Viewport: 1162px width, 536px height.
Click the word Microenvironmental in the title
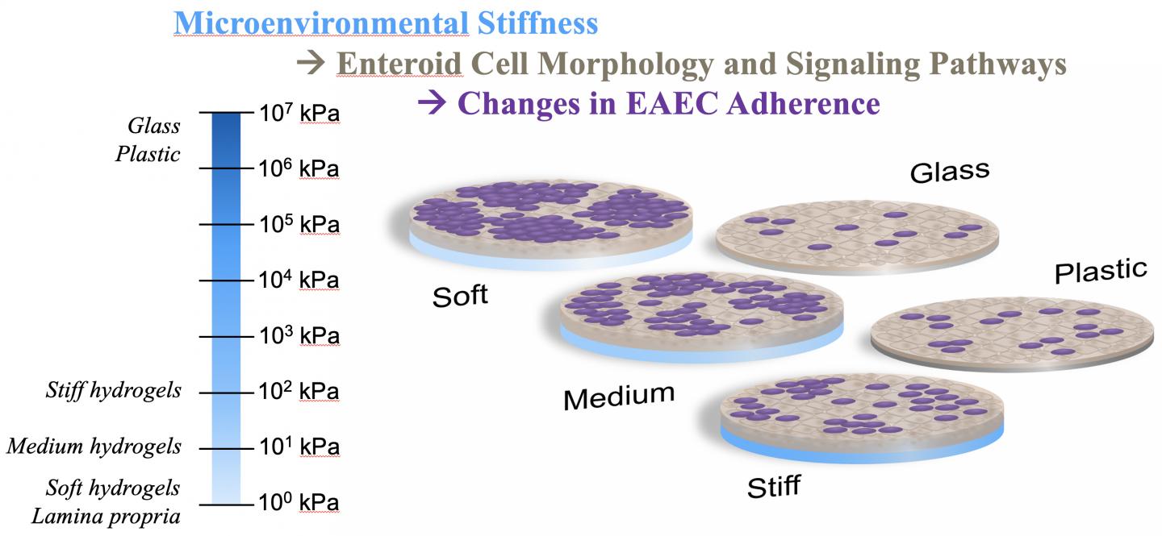321,23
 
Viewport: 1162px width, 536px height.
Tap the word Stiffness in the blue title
538,23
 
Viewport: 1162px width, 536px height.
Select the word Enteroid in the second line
399,64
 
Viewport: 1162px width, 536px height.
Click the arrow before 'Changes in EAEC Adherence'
433,102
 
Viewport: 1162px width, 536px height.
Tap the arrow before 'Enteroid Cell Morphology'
311,63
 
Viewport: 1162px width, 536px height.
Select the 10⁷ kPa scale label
299,113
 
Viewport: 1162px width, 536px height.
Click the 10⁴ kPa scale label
299,280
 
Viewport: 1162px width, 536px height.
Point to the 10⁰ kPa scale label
299,502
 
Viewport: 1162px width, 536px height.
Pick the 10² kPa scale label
299,391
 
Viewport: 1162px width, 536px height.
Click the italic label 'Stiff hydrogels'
114,391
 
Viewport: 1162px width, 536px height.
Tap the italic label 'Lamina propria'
106,517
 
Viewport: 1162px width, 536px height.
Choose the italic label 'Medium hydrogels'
94,447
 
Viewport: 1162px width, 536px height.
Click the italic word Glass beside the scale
154,126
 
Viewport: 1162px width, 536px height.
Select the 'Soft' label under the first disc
460,296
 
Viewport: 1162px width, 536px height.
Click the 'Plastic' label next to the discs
1101,271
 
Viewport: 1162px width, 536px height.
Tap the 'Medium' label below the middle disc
619,397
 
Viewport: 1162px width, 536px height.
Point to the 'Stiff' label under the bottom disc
773,487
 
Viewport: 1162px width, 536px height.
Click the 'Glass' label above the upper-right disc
950,172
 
